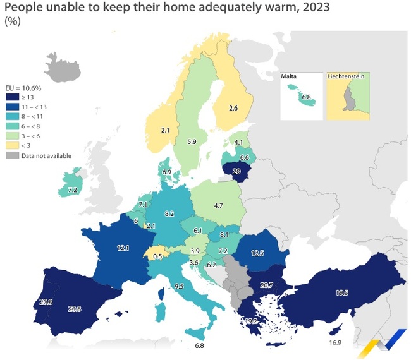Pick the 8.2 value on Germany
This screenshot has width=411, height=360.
point(169,215)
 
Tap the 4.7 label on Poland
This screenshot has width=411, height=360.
point(219,206)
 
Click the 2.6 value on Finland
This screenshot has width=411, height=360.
point(233,109)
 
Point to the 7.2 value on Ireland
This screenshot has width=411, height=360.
point(72,189)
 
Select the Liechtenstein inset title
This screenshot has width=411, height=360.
point(348,76)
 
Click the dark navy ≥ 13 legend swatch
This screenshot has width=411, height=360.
point(13,97)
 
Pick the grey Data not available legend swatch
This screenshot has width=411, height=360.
point(13,155)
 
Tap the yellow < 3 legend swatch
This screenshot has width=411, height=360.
point(13,145)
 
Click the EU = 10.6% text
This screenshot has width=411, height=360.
point(23,87)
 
